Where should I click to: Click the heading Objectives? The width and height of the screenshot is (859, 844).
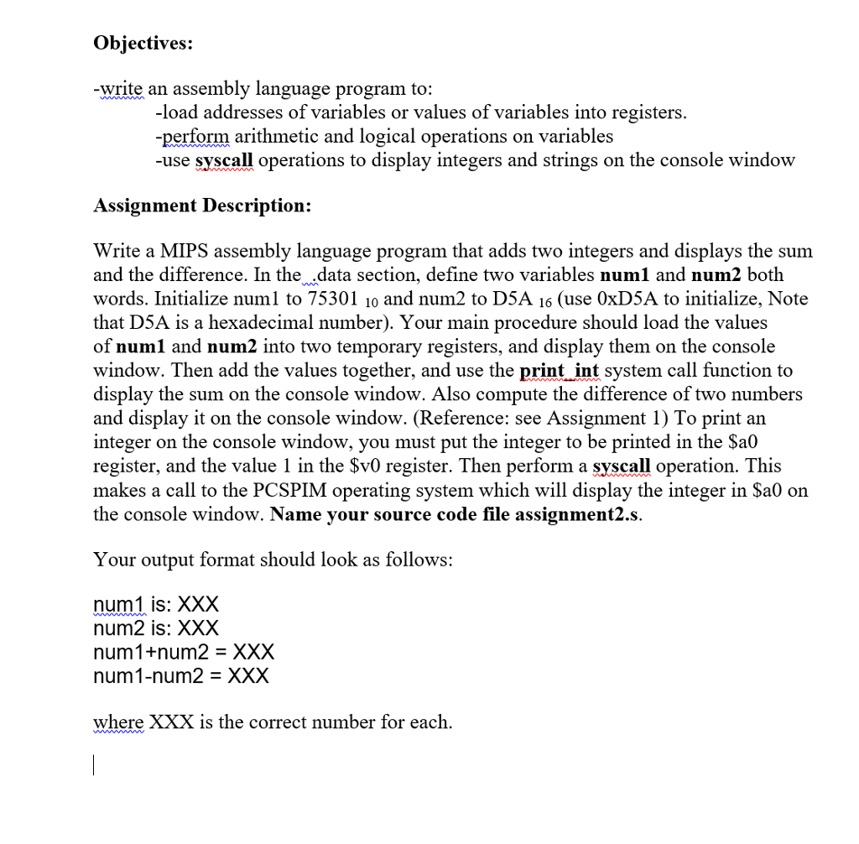143,43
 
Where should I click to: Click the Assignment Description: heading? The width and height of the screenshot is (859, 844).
202,206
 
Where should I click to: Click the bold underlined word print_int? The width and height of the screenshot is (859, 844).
560,370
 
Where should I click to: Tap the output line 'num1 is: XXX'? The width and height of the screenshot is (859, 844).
156,604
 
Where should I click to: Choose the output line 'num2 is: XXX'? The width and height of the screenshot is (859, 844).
156,628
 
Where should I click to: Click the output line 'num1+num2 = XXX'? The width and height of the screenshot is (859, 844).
184,652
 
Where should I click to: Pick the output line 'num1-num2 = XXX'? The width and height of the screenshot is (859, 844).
181,675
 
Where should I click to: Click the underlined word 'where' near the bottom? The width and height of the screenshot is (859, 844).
118,722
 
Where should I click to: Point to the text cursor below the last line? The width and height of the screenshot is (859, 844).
96,765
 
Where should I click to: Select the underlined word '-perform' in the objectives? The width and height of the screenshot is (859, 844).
192,136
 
